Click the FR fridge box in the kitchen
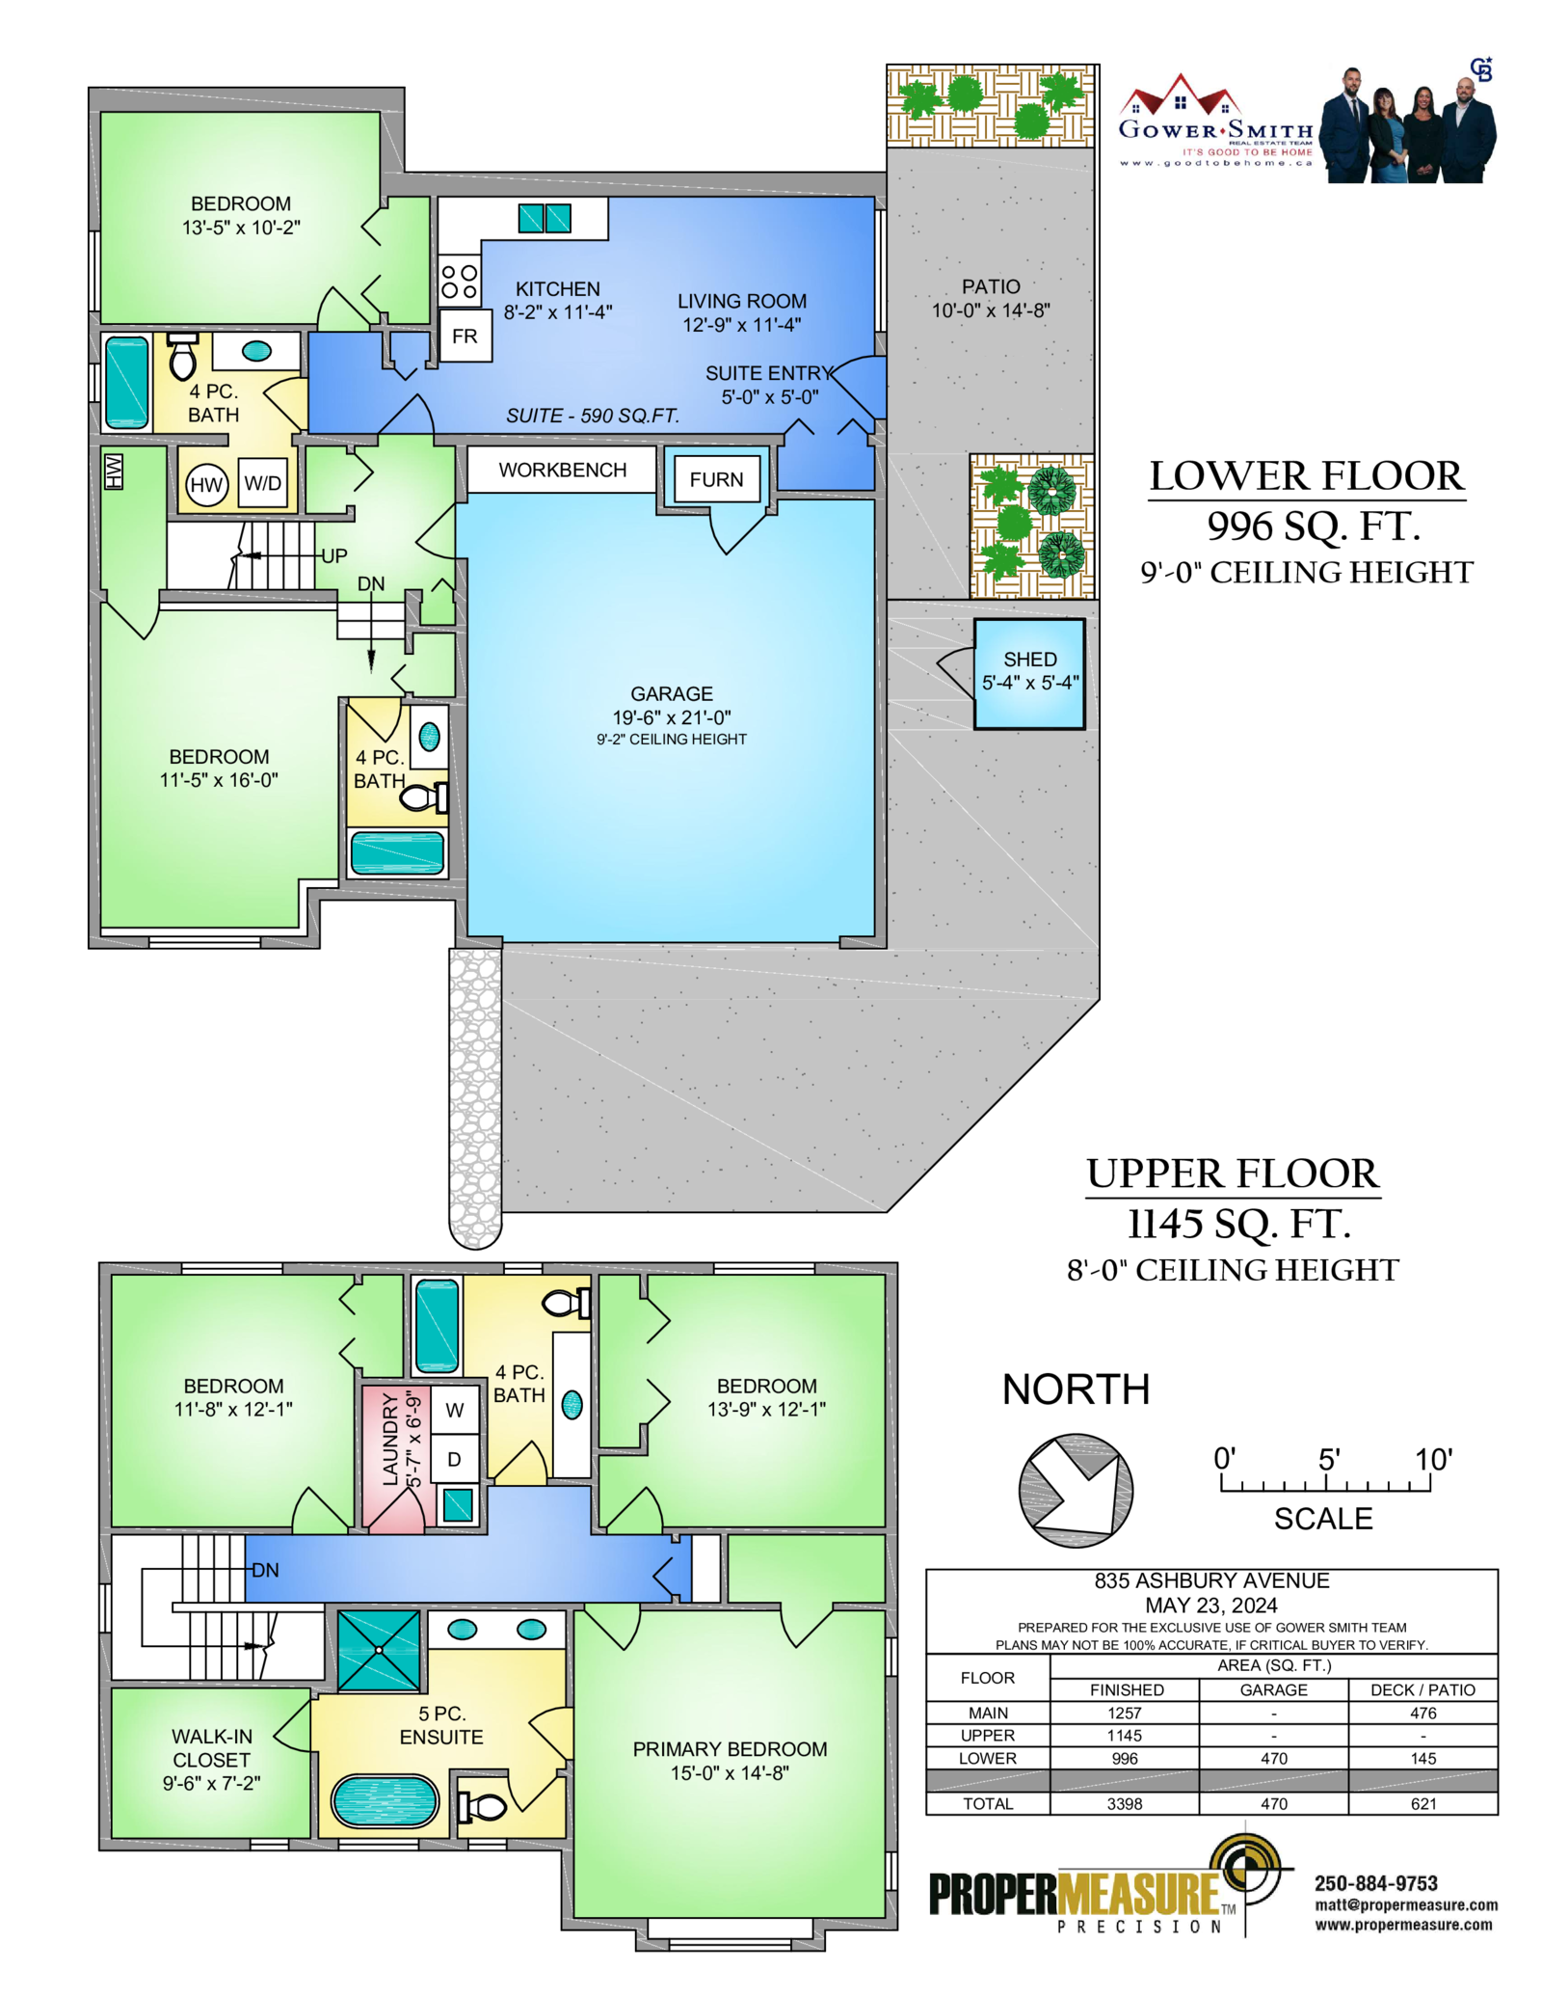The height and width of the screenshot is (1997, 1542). (x=465, y=336)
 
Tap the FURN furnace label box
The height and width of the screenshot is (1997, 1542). (x=716, y=479)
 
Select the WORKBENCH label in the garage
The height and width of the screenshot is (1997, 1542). (x=563, y=470)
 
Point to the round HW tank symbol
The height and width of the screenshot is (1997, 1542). (x=206, y=485)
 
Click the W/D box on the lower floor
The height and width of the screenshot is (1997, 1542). (x=263, y=483)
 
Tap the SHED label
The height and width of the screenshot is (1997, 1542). (x=1030, y=660)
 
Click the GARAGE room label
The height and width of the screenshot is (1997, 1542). (x=672, y=694)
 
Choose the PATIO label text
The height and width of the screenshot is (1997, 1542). (x=991, y=286)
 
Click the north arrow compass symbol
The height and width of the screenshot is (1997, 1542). (x=1076, y=1491)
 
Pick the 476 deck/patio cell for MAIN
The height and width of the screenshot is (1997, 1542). (x=1422, y=1714)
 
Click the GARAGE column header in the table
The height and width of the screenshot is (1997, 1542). (x=1273, y=1690)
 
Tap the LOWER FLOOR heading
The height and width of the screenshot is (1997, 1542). (x=1307, y=476)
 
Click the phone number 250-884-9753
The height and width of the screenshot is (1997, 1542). (x=1375, y=1883)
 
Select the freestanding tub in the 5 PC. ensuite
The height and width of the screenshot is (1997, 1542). (x=385, y=1801)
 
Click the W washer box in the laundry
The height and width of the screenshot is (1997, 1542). (x=455, y=1410)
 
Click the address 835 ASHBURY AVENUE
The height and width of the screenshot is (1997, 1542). (x=1211, y=1580)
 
